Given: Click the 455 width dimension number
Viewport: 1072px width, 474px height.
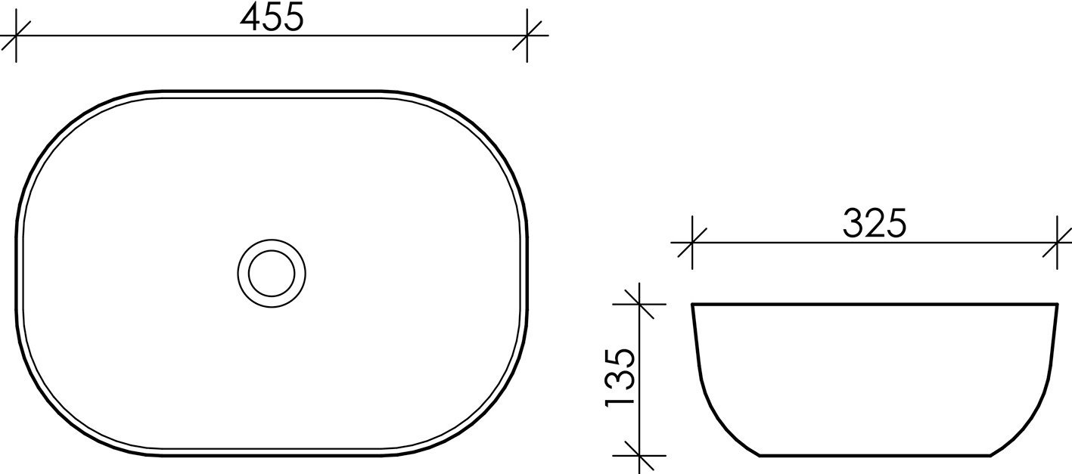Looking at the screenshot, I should pos(272,17).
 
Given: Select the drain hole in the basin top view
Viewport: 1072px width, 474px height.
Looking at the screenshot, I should pos(272,273).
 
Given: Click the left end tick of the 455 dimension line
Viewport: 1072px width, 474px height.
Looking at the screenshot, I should pos(16,36).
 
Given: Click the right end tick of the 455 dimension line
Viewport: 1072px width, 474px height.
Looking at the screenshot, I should pos(527,36).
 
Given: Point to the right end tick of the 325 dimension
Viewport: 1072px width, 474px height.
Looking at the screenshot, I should pos(1057,243).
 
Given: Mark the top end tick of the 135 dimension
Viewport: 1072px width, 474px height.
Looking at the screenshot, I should pos(640,304).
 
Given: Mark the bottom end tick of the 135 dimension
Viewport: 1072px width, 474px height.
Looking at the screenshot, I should pos(640,456).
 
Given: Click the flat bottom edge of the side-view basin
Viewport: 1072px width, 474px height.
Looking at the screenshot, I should pos(875,456).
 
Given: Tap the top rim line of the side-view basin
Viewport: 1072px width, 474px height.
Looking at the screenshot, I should pos(875,304).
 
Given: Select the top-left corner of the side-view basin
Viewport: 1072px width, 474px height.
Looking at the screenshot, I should pos(693,305).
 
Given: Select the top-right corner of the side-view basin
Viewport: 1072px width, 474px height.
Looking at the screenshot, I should pos(1056,305).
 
